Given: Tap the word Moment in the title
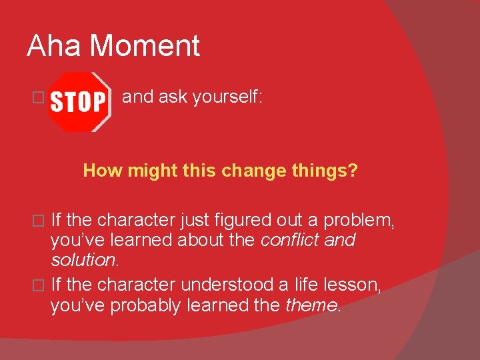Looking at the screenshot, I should (145, 46).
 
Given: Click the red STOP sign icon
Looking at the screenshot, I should (79, 102).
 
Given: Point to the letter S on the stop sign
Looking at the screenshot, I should (57, 103).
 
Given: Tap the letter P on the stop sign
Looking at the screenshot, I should (99, 103).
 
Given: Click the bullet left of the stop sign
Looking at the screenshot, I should (38, 98).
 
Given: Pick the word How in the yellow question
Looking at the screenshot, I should (103, 171).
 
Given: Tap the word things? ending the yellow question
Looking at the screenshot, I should (323, 171).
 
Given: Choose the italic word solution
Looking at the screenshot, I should (81, 259).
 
